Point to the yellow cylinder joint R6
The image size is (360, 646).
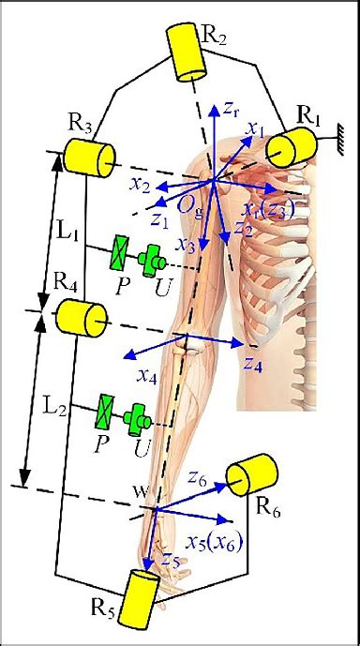(x=251, y=473)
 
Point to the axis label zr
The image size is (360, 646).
(x=233, y=111)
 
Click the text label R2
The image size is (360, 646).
(x=214, y=37)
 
